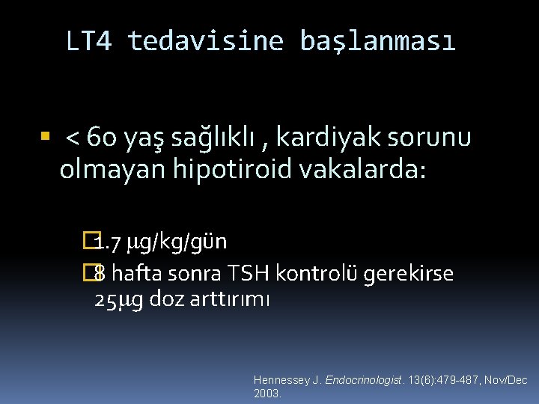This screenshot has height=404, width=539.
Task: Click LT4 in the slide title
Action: point(89,41)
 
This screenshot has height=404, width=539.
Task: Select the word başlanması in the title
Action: point(377,41)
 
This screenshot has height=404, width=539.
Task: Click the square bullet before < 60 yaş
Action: point(45,137)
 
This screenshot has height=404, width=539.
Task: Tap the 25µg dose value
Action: point(119,301)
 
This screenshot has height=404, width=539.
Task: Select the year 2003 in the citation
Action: point(267,394)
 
